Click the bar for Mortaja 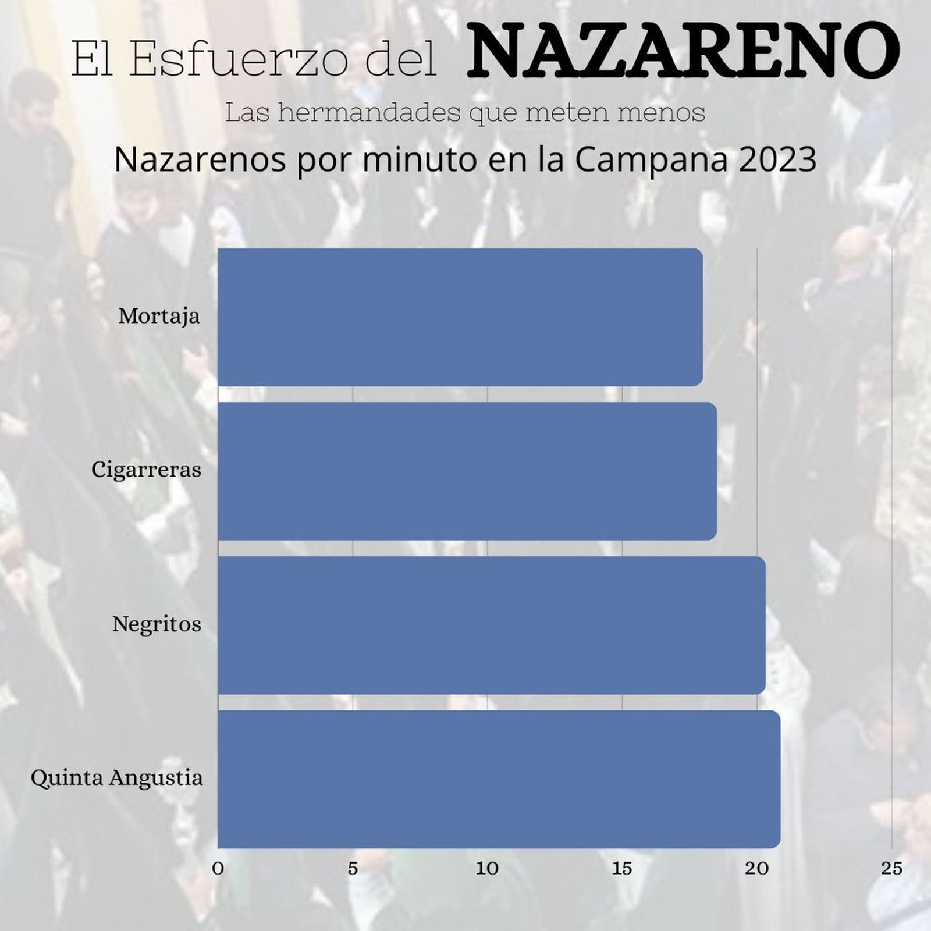460,317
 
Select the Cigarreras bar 467,471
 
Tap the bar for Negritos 491,625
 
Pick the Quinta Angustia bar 499,779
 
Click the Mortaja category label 159,317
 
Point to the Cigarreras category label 146,470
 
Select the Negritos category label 157,624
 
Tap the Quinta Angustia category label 116,778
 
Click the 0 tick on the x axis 218,869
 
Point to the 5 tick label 353,869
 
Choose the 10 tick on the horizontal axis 488,869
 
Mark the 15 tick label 622,869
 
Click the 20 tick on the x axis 757,869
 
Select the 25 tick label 891,869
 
